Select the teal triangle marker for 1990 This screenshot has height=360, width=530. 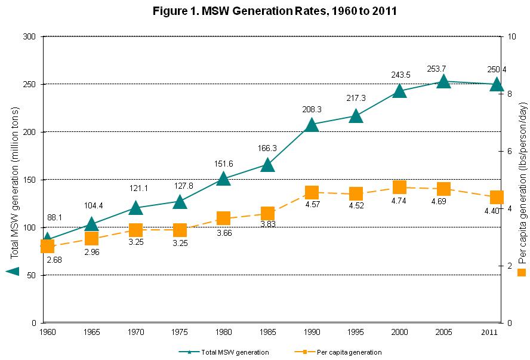coord(312,124)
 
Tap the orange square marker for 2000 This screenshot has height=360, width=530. coord(399,187)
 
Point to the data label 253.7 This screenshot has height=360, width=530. coord(443,68)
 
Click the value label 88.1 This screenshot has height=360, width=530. coord(55,218)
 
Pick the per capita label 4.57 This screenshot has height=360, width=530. coord(312,205)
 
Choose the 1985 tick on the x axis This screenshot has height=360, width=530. coord(267,330)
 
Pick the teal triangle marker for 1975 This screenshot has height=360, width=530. coord(180,202)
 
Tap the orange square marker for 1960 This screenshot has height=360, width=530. coord(47,246)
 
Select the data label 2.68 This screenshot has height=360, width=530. coord(54,260)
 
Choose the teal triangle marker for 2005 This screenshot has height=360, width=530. coord(443,81)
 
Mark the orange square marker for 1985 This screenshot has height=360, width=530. coord(267,213)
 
